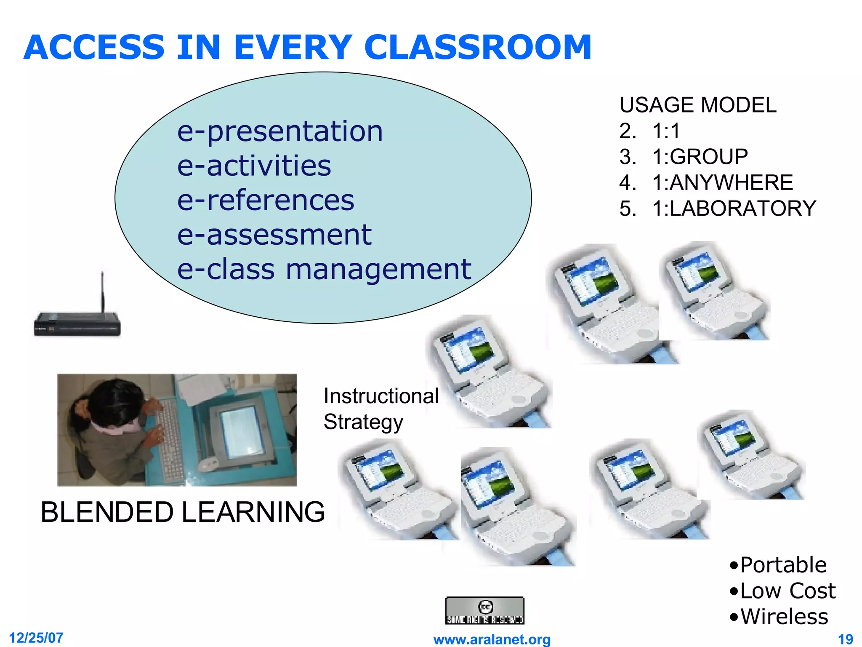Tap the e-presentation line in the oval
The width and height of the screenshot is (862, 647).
280,131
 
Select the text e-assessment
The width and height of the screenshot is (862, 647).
274,235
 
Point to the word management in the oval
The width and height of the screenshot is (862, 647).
378,270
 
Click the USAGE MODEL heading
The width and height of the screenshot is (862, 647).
697,105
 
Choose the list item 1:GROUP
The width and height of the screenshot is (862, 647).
700,157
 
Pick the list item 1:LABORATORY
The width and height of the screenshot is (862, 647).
734,209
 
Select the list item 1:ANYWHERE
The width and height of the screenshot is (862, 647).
722,183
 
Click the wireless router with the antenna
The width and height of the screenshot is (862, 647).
77,323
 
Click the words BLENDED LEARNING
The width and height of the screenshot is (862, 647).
183,512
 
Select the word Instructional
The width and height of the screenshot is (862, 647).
381,396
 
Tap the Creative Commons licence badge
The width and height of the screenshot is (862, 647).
484,610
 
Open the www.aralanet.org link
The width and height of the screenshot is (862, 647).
492,639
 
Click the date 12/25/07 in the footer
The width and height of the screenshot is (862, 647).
36,638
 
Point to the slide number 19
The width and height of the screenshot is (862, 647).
845,639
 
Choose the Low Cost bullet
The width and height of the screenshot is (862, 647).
787,591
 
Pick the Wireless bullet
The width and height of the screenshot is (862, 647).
784,617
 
